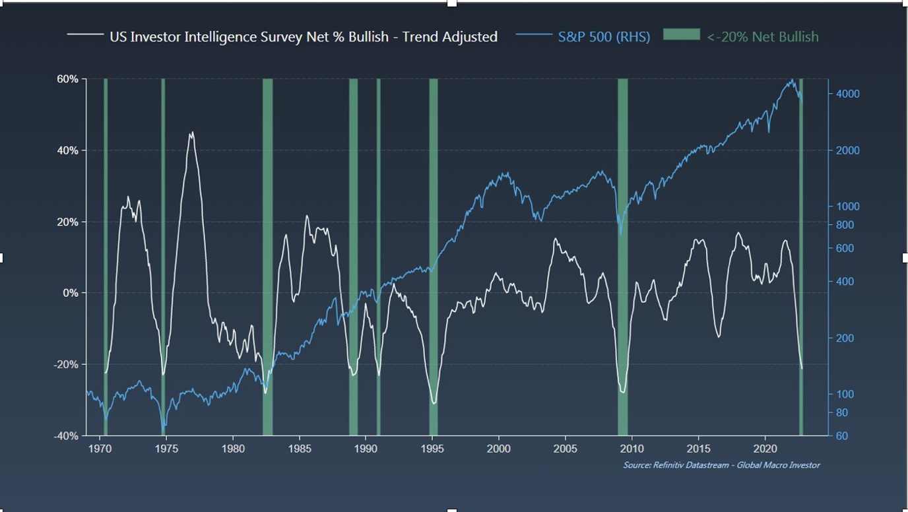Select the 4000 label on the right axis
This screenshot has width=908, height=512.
click(x=847, y=94)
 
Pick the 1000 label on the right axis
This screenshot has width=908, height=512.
click(x=847, y=207)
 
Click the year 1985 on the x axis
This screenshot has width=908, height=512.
click(x=300, y=449)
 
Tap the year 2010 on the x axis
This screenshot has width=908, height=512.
click(x=632, y=449)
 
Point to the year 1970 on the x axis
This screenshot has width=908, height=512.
click(x=100, y=449)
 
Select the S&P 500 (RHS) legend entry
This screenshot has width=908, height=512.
click(x=604, y=37)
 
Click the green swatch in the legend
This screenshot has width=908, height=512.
click(x=680, y=35)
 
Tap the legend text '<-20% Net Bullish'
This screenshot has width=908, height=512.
click(x=762, y=37)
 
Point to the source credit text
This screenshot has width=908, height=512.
click(x=721, y=465)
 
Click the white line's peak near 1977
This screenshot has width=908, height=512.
click(x=191, y=133)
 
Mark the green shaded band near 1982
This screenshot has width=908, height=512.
click(x=267, y=257)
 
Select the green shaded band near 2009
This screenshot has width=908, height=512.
click(x=622, y=257)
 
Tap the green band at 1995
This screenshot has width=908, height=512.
click(x=434, y=257)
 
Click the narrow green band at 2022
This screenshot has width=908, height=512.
click(x=801, y=257)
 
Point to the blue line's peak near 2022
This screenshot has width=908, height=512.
click(x=792, y=80)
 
